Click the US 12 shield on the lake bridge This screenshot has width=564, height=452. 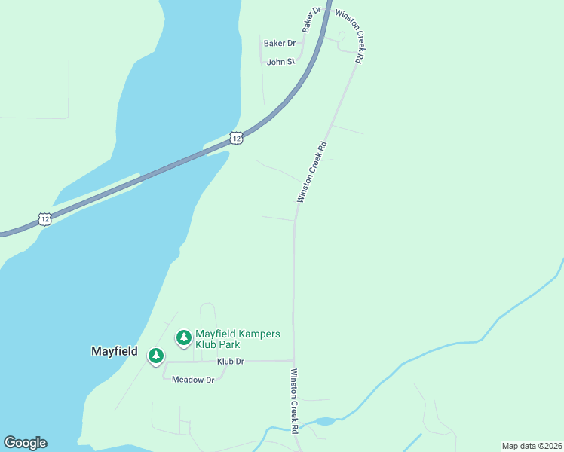[x=237, y=138]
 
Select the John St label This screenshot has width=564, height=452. [x=280, y=62]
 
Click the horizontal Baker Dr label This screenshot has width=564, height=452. [x=279, y=44]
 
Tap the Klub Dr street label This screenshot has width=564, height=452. [x=231, y=362]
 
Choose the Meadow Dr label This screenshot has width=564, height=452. [x=193, y=380]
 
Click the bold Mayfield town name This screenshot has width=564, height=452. [x=115, y=351]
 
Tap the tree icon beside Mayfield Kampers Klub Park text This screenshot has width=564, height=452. [x=183, y=337]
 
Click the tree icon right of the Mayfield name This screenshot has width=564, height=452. [x=156, y=355]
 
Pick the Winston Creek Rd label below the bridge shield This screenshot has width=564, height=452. [x=313, y=172]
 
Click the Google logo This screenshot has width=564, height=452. [x=25, y=443]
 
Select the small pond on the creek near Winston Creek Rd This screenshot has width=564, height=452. [x=325, y=421]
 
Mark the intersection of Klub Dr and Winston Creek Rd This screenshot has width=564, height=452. [x=293, y=361]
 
